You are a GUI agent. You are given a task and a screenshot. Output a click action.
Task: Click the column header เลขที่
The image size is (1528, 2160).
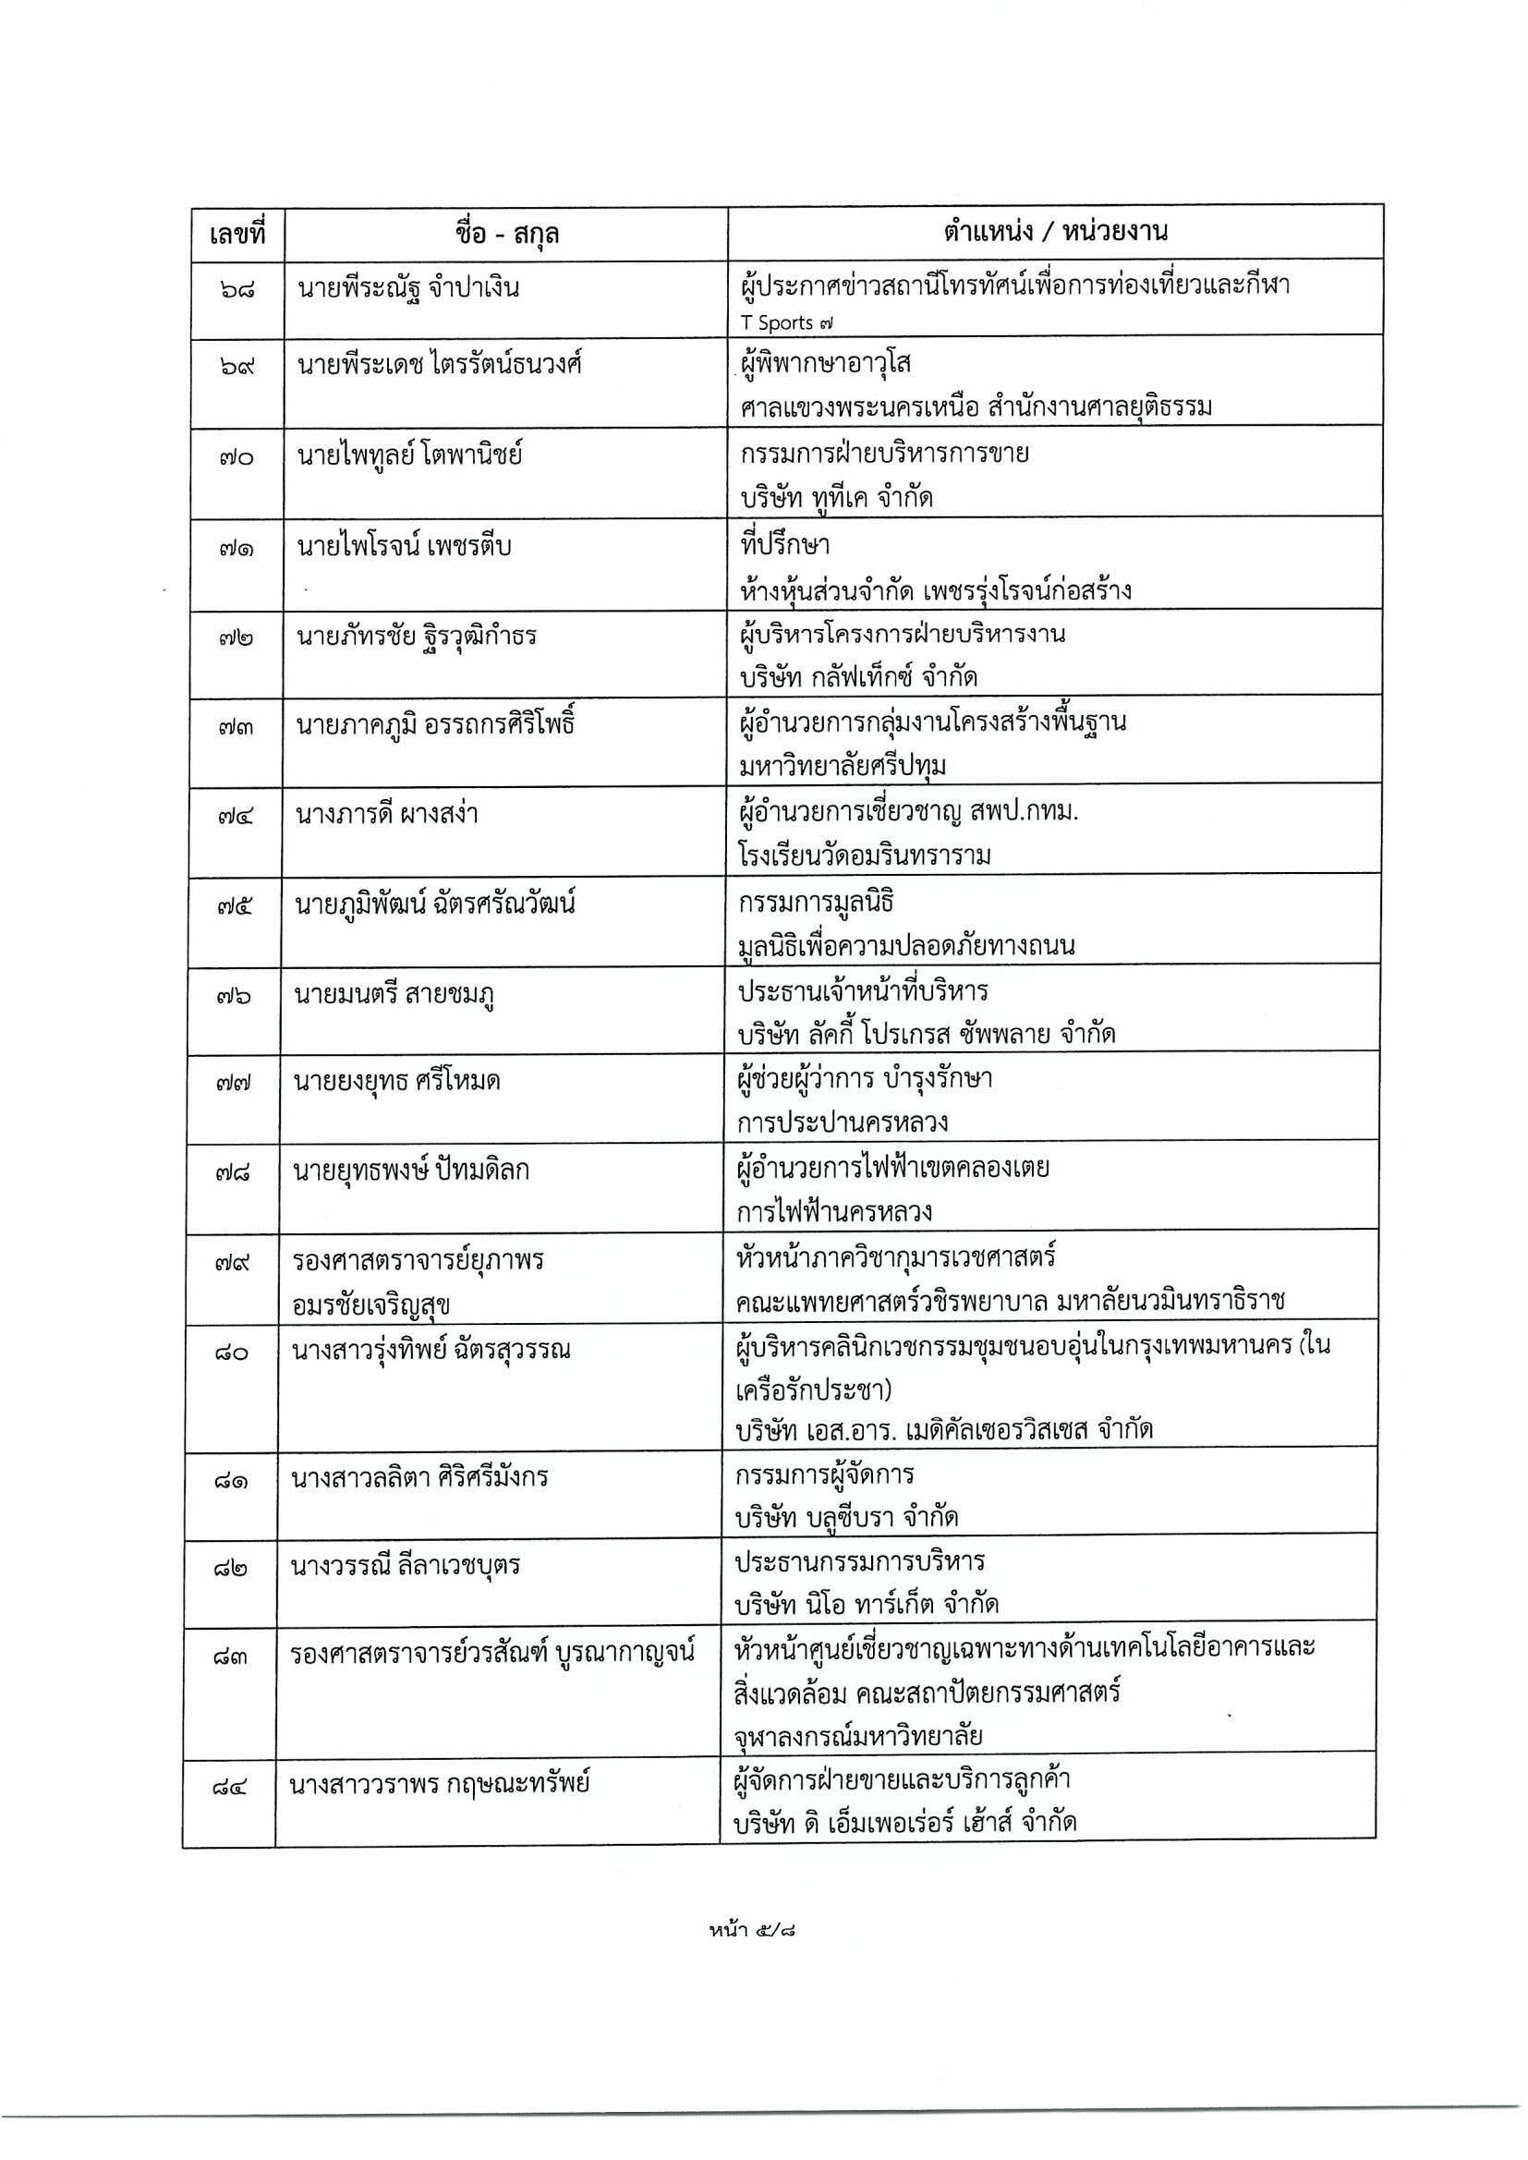[x=237, y=233]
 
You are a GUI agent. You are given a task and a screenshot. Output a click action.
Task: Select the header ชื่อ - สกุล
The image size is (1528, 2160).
[x=506, y=233]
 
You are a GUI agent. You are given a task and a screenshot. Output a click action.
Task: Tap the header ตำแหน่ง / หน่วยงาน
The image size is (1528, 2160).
[x=1055, y=231]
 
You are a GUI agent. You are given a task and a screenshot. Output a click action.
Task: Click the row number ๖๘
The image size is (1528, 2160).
[x=237, y=288]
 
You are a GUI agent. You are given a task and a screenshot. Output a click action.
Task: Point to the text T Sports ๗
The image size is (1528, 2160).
[x=786, y=322]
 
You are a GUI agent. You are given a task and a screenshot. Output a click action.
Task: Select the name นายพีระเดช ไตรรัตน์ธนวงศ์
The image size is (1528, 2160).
[x=440, y=364]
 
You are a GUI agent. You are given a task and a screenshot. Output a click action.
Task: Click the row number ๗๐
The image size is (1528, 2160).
[x=237, y=457]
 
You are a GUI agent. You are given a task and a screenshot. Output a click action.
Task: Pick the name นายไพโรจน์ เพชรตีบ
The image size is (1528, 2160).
[x=405, y=547]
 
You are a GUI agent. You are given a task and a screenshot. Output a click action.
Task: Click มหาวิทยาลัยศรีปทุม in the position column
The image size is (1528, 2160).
[x=843, y=767]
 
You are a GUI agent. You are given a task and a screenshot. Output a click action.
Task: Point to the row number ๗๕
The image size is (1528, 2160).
[x=235, y=905]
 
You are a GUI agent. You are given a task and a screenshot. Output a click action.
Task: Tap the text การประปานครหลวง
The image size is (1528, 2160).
[x=843, y=1122]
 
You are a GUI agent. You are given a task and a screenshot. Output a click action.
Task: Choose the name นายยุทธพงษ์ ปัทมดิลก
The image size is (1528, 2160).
[x=411, y=1171]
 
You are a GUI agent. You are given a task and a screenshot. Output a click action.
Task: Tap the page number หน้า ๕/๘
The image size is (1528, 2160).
[x=756, y=1932]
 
